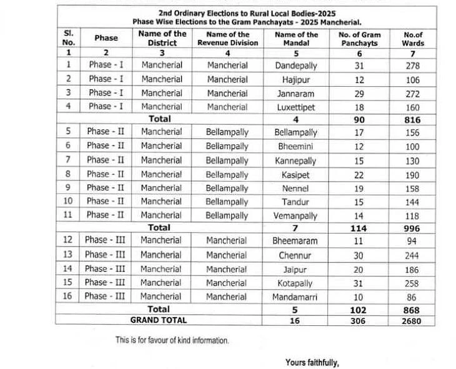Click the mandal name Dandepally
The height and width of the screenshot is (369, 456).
point(295,65)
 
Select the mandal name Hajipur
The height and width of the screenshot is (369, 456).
point(295,79)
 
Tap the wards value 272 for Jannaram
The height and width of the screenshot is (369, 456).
point(413,93)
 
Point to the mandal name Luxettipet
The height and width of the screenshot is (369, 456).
point(295,107)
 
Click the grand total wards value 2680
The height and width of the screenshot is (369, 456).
point(413,321)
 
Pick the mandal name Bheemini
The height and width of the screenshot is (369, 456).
point(295,145)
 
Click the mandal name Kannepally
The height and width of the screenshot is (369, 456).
point(295,160)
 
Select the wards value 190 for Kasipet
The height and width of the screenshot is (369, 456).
point(413,174)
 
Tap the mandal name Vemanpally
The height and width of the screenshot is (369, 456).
point(295,215)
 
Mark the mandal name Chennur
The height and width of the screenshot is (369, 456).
point(295,255)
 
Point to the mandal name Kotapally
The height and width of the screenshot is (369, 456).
point(295,283)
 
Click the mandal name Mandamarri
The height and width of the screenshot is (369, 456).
point(295,297)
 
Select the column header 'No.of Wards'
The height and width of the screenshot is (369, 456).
point(413,39)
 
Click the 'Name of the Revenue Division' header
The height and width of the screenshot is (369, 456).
point(227,39)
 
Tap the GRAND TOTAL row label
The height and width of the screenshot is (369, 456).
point(158,320)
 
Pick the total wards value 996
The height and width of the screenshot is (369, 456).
point(413,229)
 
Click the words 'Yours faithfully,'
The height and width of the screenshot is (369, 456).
point(312,362)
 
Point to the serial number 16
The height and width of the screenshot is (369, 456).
point(68,297)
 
